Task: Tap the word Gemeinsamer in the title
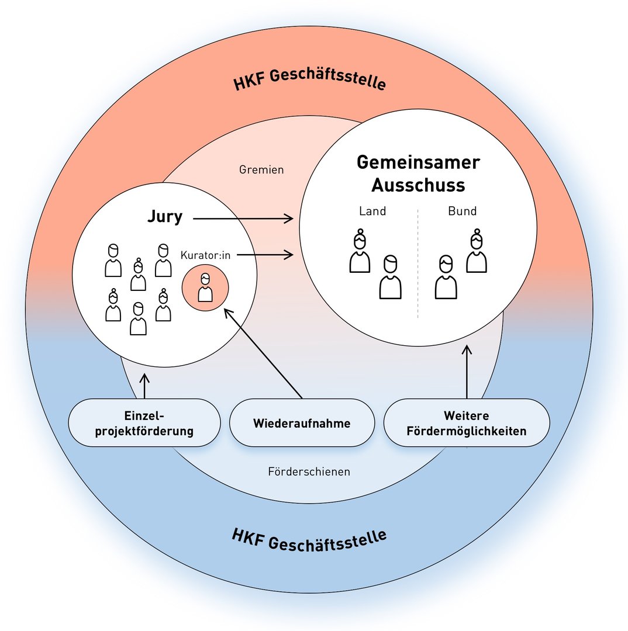coord(418,162)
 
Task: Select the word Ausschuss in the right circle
coord(418,185)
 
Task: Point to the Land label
coord(372,212)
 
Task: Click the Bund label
coord(463,212)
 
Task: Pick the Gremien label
coord(261,170)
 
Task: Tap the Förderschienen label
coord(309,471)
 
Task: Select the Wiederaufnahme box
coord(302,423)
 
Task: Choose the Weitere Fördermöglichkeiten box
coord(467,423)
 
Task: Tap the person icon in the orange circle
coord(205,288)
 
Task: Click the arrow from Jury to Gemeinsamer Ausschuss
coord(243,219)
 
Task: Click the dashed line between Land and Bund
coord(418,263)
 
